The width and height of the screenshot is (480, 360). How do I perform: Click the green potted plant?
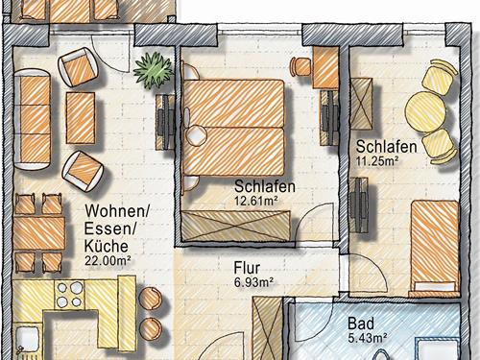(154, 70)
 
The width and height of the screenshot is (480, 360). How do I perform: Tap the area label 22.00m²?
(108, 260)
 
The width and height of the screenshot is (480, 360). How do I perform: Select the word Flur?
(247, 268)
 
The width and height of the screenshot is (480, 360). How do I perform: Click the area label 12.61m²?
(256, 201)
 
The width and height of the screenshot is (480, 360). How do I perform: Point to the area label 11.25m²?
(377, 160)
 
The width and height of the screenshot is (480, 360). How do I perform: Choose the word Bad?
(361, 324)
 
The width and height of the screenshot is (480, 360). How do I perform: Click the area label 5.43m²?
(368, 338)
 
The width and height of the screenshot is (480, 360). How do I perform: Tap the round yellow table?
(425, 111)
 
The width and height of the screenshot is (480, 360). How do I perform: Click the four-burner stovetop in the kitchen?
(69, 295)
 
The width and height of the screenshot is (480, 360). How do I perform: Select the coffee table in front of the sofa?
(81, 118)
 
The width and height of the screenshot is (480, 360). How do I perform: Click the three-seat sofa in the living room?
(32, 119)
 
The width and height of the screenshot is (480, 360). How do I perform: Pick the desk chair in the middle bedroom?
(300, 67)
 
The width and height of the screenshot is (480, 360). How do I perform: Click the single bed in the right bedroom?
(435, 247)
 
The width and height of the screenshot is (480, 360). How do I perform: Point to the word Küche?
(106, 246)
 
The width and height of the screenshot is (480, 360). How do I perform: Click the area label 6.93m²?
(253, 282)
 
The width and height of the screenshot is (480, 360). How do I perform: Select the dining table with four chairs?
(38, 233)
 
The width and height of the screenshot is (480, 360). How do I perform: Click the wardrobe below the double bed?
(236, 226)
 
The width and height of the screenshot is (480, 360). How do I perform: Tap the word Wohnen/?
(117, 211)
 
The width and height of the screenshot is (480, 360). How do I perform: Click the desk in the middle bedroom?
(325, 67)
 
